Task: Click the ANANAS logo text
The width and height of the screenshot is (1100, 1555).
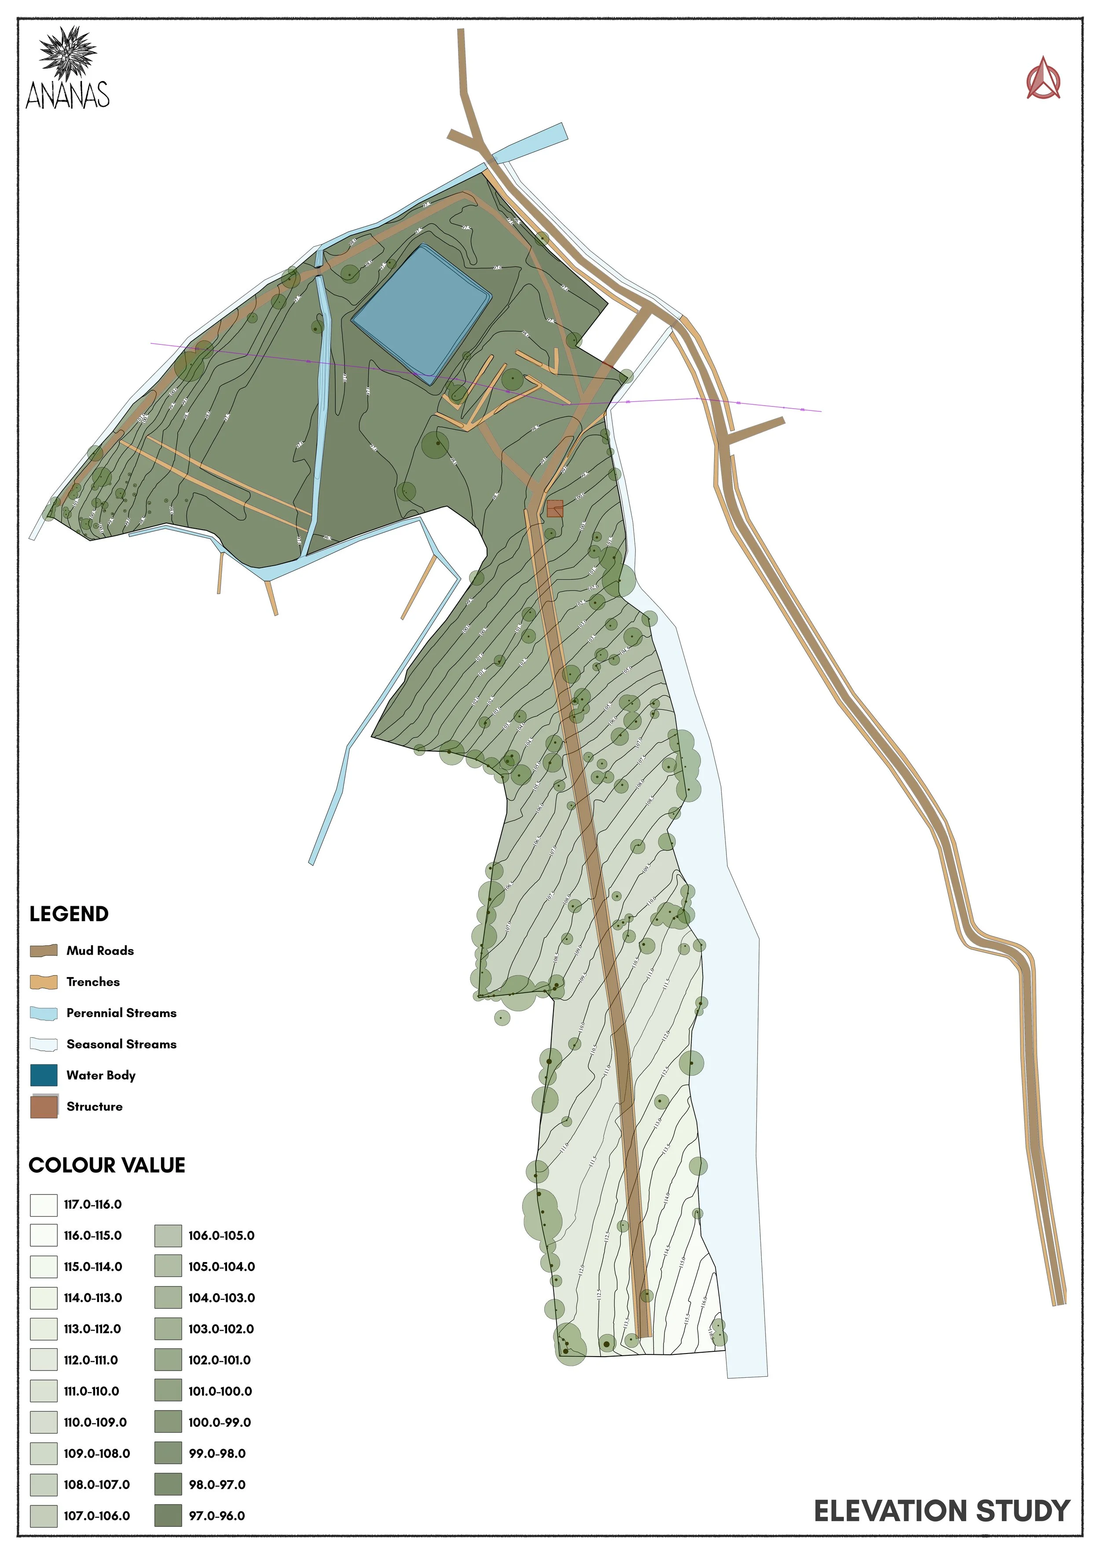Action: coord(68,95)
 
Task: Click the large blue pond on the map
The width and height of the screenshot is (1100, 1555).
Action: coord(422,315)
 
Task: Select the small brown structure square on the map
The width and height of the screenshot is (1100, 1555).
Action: coord(555,508)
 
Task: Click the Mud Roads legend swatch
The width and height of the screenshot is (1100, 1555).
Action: coord(44,950)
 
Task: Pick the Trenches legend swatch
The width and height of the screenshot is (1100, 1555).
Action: coord(44,981)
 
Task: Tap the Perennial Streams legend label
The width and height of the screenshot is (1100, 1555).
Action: coord(121,1013)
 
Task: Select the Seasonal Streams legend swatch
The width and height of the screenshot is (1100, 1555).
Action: coord(44,1044)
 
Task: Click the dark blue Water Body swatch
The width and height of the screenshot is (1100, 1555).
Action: coord(44,1075)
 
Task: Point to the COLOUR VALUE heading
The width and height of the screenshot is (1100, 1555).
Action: coord(107,1165)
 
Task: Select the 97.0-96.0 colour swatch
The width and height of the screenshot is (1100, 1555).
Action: coord(168,1516)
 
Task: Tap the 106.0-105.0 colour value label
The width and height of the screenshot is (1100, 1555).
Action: coord(221,1235)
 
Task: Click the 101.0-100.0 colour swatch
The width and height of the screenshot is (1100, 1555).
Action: coord(168,1391)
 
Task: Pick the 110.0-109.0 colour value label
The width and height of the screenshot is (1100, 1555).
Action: coord(95,1422)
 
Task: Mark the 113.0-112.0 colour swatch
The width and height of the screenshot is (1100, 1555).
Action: coord(44,1329)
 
